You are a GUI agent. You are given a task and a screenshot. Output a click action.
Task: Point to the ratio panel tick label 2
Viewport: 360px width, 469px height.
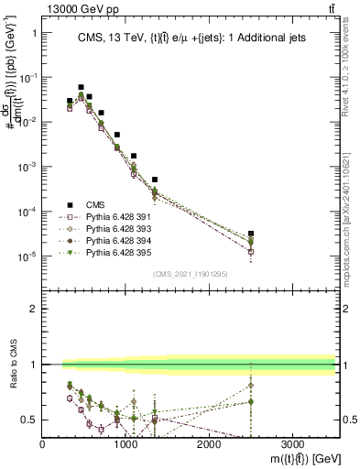click(x=33, y=309)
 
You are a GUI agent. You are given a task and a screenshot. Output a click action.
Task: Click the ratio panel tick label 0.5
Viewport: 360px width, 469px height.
click(x=29, y=420)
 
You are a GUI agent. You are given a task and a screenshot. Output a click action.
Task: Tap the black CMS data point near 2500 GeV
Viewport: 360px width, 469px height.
click(x=251, y=234)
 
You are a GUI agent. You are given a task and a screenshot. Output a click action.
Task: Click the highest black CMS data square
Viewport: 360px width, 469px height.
click(x=81, y=87)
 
